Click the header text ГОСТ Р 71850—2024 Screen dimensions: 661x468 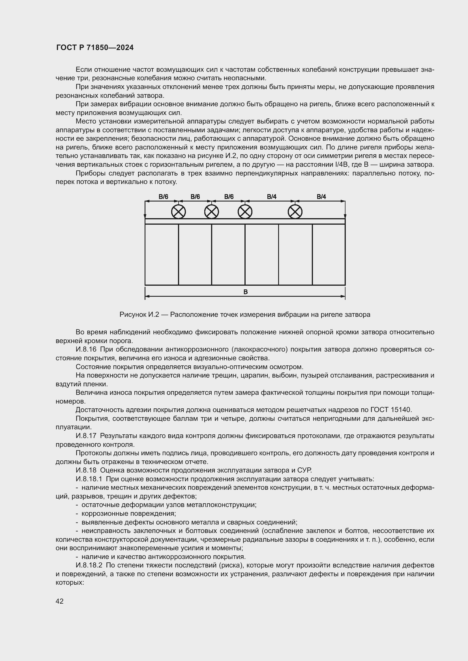95,48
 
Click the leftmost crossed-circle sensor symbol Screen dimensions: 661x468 178,212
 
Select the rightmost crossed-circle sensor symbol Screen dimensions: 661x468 295,212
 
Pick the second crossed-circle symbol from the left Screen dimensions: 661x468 212,212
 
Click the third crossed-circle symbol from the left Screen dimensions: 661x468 245,212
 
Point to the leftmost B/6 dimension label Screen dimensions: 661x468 163,197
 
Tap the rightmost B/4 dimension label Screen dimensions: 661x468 321,197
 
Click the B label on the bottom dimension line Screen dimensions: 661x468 246,292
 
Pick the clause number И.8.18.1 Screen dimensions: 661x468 89,479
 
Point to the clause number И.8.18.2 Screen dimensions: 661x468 89,565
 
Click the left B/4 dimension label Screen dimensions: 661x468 271,197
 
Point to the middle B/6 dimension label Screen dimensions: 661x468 195,197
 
